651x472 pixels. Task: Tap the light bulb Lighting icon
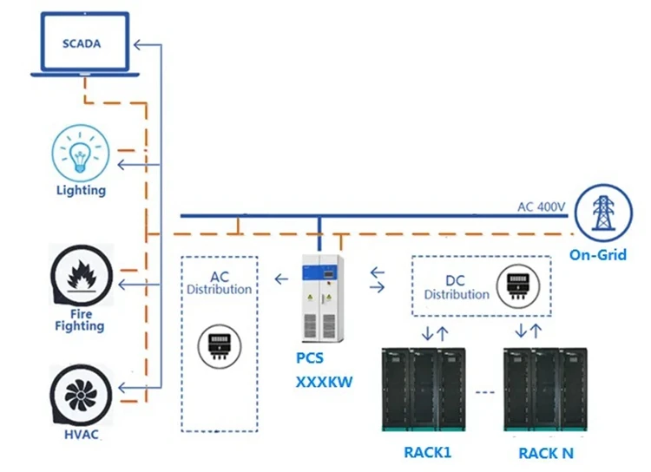[80, 152]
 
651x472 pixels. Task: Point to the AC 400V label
[541, 207]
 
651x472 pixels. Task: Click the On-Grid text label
[598, 255]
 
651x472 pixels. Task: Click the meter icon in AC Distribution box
[219, 344]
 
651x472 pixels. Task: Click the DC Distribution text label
[457, 287]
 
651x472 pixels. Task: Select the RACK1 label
[428, 452]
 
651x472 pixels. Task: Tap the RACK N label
[546, 452]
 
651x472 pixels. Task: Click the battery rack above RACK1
[424, 390]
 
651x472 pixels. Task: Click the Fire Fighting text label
[79, 319]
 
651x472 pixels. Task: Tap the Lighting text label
[80, 190]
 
